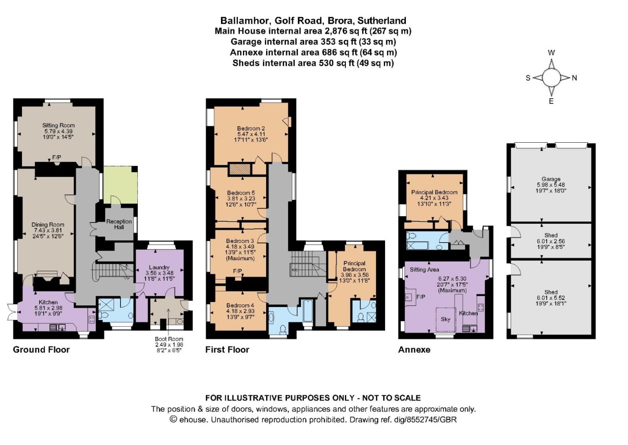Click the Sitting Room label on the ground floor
coord(58,125)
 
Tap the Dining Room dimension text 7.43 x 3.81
coord(48,231)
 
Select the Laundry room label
coord(159,267)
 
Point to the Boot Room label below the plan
coord(169,339)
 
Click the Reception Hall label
coord(119,225)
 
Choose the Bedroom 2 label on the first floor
coord(251,128)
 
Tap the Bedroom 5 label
coord(241,193)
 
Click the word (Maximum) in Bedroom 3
coord(240,258)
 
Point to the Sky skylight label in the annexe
coord(445,319)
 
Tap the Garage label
coord(551,179)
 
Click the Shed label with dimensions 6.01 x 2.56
coord(551,235)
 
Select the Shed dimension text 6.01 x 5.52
coord(551,298)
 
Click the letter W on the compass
coord(551,53)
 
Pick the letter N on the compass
coord(574,78)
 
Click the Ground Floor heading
coord(41,350)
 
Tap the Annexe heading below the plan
coord(414,350)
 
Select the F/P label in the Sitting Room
coord(56,157)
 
